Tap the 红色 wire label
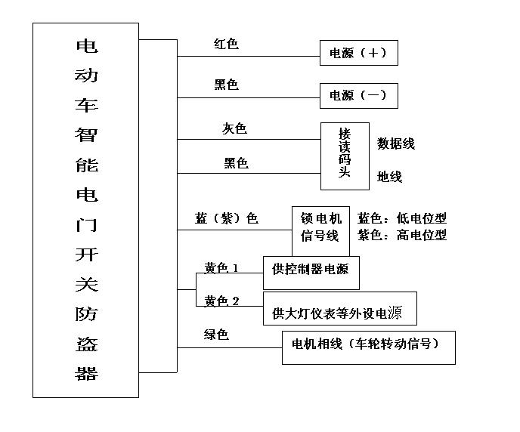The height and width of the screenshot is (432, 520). pos(225,45)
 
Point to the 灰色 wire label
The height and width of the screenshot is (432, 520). pos(234,129)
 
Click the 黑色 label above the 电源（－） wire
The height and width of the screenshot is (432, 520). pos(226,85)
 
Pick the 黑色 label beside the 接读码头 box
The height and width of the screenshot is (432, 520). pos(236,163)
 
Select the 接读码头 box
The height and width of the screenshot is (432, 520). pos(345,155)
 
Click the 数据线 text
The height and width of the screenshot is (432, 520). pos(396,143)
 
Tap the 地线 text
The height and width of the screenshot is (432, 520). pos(389,177)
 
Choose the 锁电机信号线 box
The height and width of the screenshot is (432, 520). pos(321,227)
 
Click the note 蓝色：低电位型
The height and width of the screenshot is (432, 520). pos(402,218)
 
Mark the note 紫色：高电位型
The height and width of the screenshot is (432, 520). pos(402,235)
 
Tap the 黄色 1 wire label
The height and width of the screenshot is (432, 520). pos(221,268)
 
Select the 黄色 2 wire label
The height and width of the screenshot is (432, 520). pos(221,301)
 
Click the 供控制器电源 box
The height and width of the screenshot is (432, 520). pos(311,273)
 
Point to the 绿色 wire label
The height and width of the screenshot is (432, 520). pos(216,335)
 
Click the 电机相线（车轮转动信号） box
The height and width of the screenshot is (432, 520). pos(368,347)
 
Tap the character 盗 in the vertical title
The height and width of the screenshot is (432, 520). pos(86,346)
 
